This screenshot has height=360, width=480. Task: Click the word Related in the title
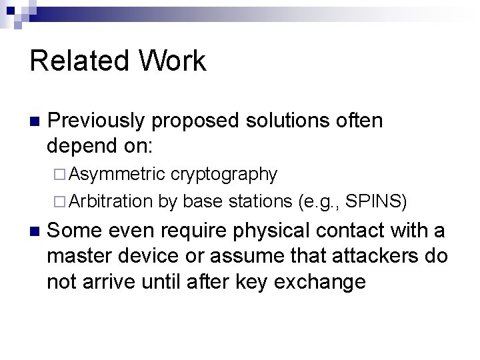[x=75, y=61]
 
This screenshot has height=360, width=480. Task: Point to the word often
[x=360, y=121]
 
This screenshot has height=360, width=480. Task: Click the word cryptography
[x=224, y=175]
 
